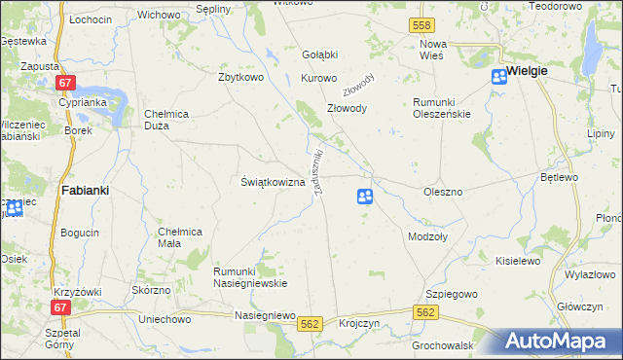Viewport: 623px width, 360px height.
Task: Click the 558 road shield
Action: click(x=421, y=24)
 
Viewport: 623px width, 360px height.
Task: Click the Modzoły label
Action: click(x=427, y=236)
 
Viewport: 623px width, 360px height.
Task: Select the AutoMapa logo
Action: click(x=563, y=342)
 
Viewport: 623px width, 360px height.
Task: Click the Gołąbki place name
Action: click(x=319, y=54)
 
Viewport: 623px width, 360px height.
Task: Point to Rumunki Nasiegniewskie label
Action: click(x=249, y=277)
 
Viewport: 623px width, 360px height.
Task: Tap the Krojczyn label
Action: click(x=359, y=323)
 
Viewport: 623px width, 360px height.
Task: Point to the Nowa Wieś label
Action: click(x=432, y=51)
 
